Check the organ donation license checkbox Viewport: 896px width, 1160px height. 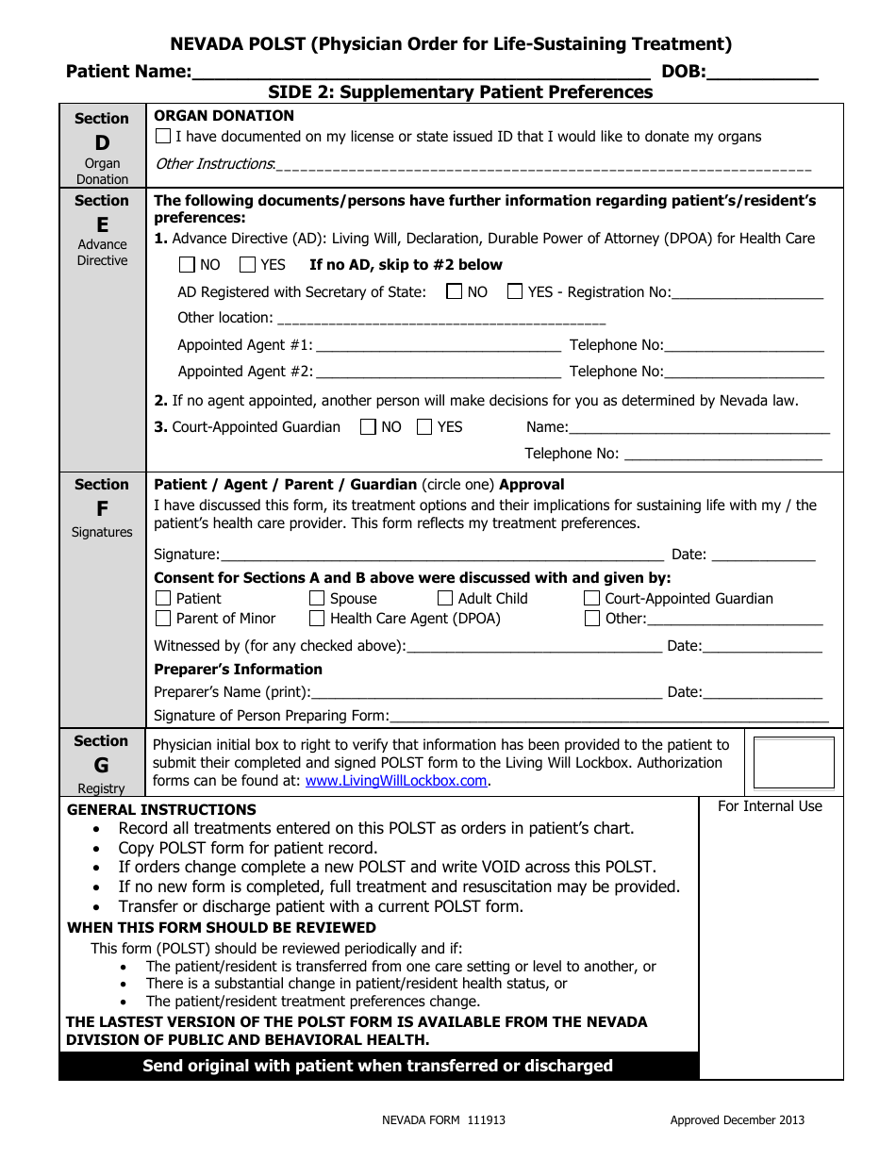click(x=163, y=137)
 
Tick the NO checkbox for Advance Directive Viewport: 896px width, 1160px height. click(x=187, y=265)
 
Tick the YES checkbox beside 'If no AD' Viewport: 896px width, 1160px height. click(x=247, y=265)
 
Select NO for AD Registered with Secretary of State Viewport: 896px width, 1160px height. click(x=455, y=291)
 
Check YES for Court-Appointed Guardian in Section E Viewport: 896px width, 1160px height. click(x=424, y=427)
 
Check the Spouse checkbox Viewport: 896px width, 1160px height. click(x=317, y=599)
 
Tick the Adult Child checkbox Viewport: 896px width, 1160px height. click(x=445, y=599)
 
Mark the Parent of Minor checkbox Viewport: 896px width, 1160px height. click(x=163, y=619)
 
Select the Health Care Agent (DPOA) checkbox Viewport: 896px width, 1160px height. click(x=317, y=619)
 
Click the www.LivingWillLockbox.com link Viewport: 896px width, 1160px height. click(x=395, y=781)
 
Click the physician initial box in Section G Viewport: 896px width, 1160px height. click(x=793, y=763)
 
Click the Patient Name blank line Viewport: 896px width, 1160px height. click(x=420, y=72)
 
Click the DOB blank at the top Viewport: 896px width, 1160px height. click(x=762, y=72)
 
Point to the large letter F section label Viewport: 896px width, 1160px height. click(x=102, y=509)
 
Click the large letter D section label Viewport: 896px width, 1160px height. click(x=102, y=142)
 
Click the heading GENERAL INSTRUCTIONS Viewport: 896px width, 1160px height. click(x=161, y=809)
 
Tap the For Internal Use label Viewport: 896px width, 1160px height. click(x=770, y=806)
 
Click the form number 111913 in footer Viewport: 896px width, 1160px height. click(x=486, y=1120)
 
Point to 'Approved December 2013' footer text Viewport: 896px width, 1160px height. click(x=737, y=1120)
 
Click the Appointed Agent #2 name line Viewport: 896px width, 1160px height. click(x=439, y=373)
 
